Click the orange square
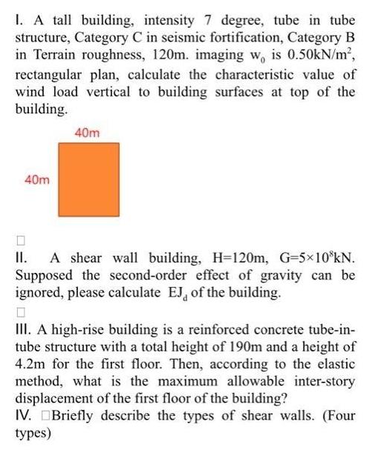[x=90, y=180]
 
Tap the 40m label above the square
[x=88, y=133]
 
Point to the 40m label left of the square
[x=38, y=180]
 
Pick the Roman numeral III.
[x=22, y=329]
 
